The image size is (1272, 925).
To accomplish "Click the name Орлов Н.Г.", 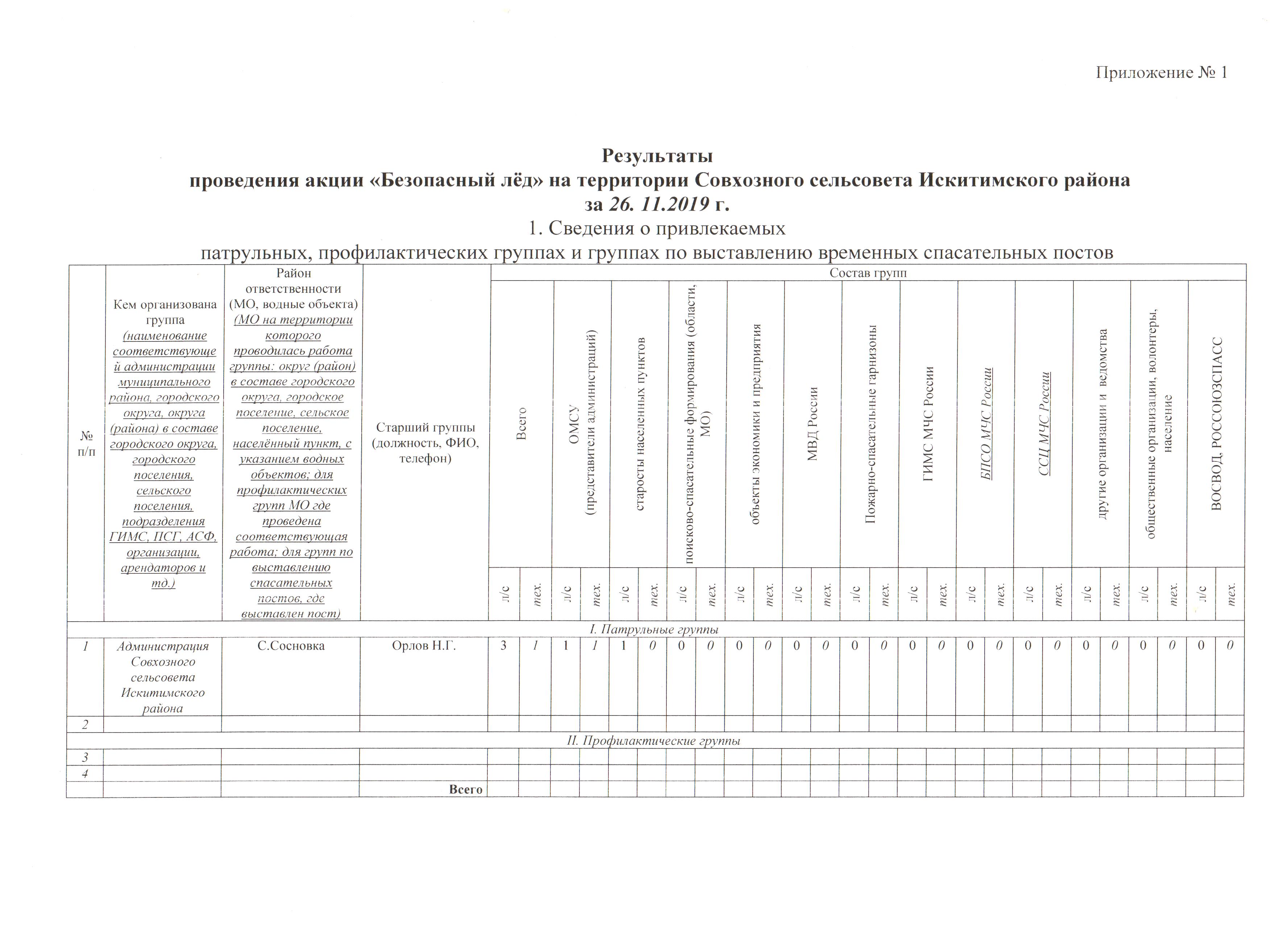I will point(424,646).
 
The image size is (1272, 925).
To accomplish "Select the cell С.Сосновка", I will point(291,646).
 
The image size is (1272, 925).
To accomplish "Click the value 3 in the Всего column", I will point(504,646).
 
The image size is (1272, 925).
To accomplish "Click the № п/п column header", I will point(86,443).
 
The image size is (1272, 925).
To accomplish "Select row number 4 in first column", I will point(85,773).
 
